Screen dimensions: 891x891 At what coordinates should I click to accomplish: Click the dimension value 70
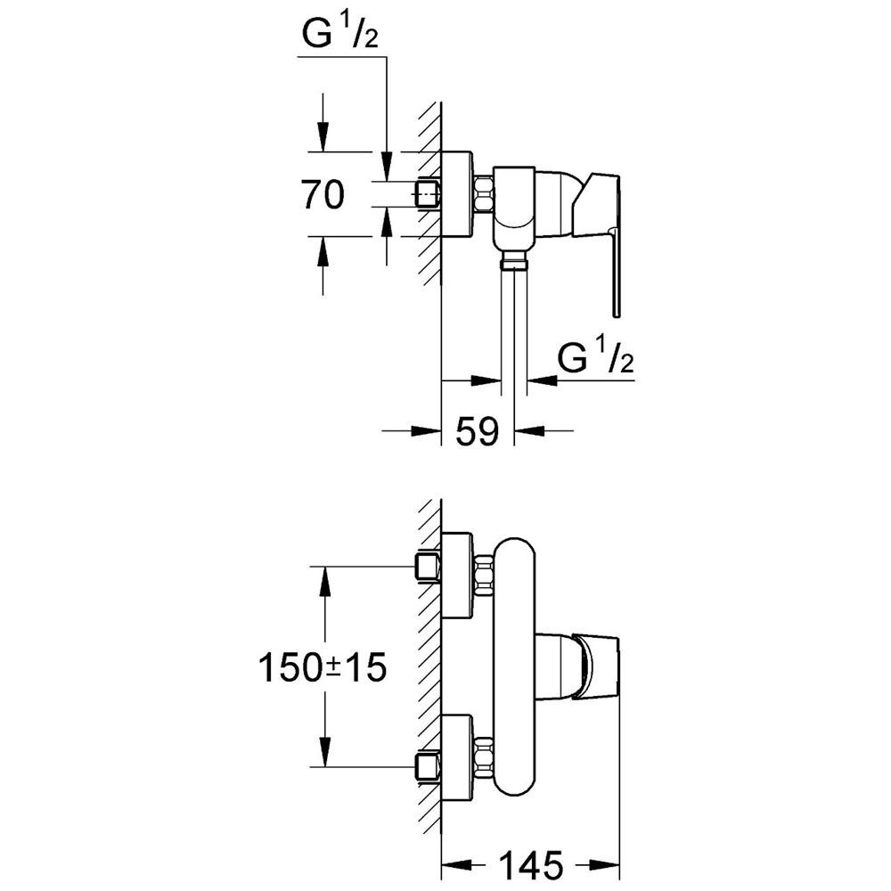323,194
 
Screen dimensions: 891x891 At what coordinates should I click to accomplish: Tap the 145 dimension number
531,865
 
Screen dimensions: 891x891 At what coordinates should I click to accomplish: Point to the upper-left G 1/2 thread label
339,36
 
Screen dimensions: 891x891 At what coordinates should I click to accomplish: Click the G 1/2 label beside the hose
595,357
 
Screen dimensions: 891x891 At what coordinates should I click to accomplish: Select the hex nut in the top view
483,194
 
